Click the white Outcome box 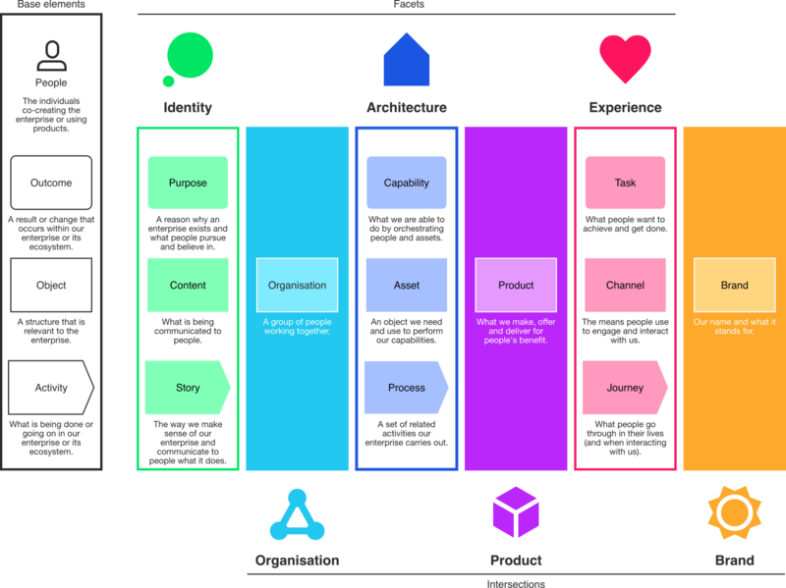[51, 183]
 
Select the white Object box [51, 286]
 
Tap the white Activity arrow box [51, 388]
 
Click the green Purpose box [188, 183]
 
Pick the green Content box [188, 286]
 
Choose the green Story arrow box [188, 388]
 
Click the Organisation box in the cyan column [297, 286]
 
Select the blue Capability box [407, 183]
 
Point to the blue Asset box [407, 286]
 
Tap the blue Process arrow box [407, 388]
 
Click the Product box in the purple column [516, 286]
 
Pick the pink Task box [625, 183]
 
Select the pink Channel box [625, 286]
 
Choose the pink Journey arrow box [625, 388]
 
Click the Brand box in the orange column [734, 286]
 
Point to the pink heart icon [625, 57]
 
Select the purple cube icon [516, 513]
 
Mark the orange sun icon [733, 512]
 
